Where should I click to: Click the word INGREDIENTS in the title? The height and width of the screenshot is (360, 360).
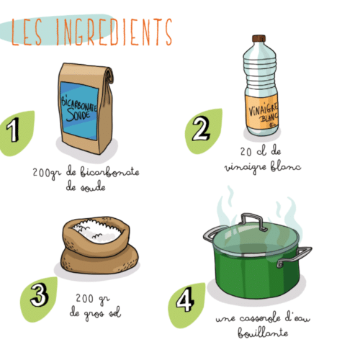(114, 32)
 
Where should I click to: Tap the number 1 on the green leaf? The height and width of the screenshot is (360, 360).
(13, 130)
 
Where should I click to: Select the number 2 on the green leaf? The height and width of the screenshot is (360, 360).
(201, 128)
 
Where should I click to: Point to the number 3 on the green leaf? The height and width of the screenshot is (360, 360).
(40, 294)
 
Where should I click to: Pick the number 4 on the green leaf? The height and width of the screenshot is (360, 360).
(185, 300)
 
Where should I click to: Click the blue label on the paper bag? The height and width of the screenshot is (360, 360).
(79, 111)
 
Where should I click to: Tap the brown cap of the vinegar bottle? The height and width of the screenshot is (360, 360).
(259, 39)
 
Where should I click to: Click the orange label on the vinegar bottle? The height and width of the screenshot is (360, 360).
(262, 112)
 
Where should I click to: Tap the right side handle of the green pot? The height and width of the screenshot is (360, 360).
(294, 256)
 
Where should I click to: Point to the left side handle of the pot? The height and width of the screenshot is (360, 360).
(213, 233)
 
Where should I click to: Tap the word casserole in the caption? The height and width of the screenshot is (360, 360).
(260, 318)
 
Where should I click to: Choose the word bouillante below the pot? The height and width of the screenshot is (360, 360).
(263, 333)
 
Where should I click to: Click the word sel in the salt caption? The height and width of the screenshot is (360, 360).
(114, 312)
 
